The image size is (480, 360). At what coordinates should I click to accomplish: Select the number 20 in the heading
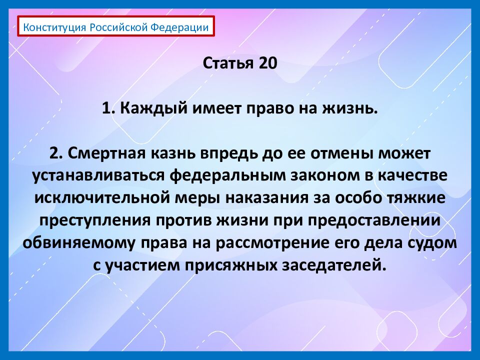click(x=264, y=63)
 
